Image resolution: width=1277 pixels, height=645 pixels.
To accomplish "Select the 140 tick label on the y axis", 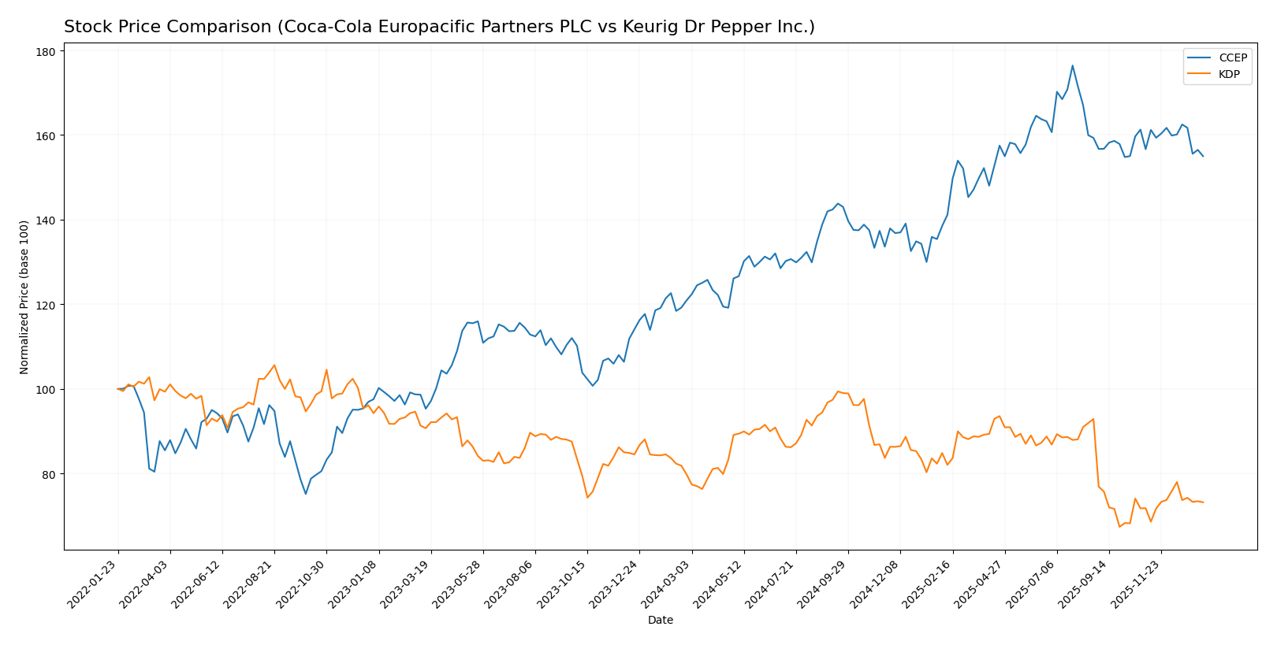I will pos(45,221).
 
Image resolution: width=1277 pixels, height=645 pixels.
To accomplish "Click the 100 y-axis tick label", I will pos(45,390).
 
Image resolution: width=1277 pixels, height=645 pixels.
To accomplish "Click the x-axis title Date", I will pos(660,621).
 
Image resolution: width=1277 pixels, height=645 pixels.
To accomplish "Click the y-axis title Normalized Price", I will pos(24,297).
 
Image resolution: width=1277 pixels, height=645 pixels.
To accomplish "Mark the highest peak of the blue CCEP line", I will pos(1072,65).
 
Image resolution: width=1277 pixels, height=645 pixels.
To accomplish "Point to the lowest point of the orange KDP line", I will pos(1119,526).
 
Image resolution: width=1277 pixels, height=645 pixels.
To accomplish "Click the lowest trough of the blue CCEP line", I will pos(306,494).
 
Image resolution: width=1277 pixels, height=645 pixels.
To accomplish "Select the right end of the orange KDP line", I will pos(1203,502).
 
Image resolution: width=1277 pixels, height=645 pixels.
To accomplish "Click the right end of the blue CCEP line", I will pos(1203,156).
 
